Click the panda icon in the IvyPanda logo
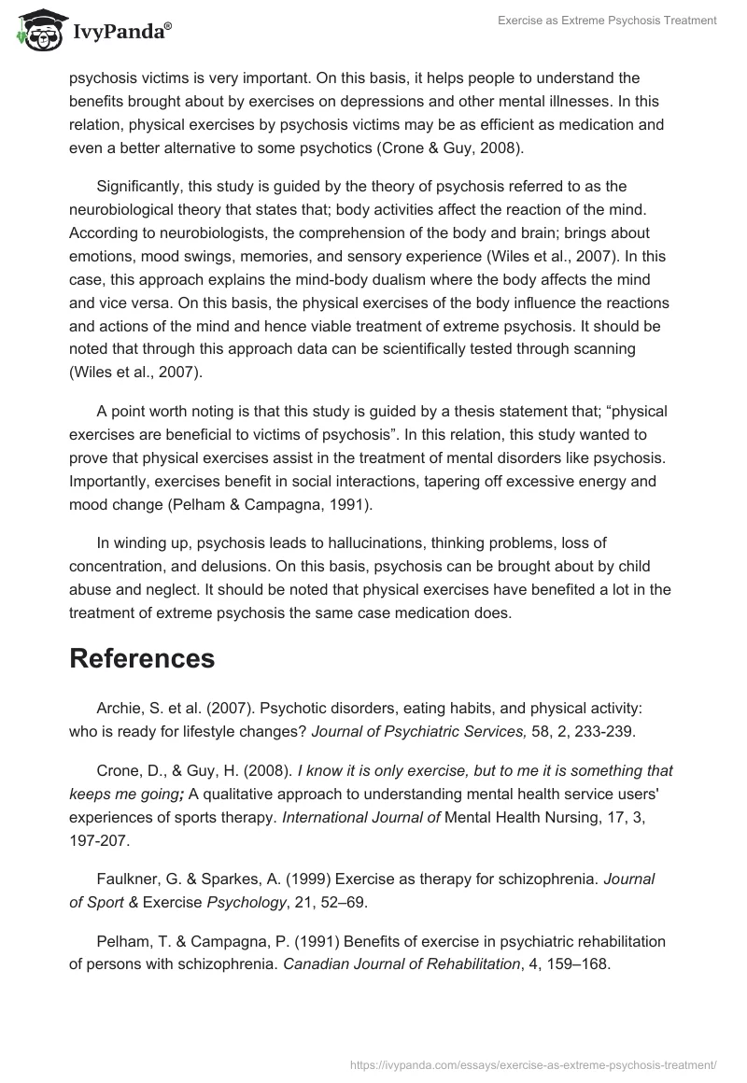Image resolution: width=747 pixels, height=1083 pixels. pos(36,32)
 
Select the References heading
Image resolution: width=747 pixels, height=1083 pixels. pos(142,658)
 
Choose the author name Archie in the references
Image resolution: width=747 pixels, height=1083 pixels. pos(120,710)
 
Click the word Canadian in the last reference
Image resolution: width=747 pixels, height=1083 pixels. pos(313,965)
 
